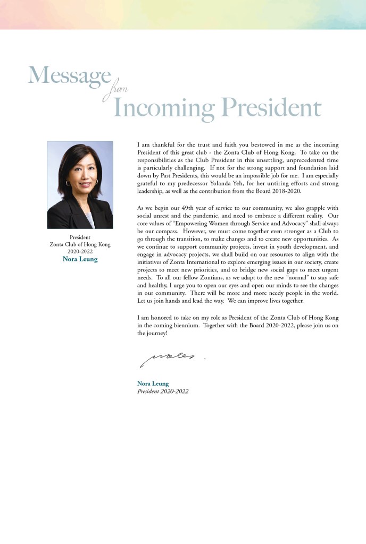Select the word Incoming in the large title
pos(164,108)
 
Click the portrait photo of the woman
pos(80,185)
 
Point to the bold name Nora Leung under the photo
pos(80,259)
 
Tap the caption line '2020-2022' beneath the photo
pos(80,251)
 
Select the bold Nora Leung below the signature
pos(153,383)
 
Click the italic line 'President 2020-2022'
pos(163,391)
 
